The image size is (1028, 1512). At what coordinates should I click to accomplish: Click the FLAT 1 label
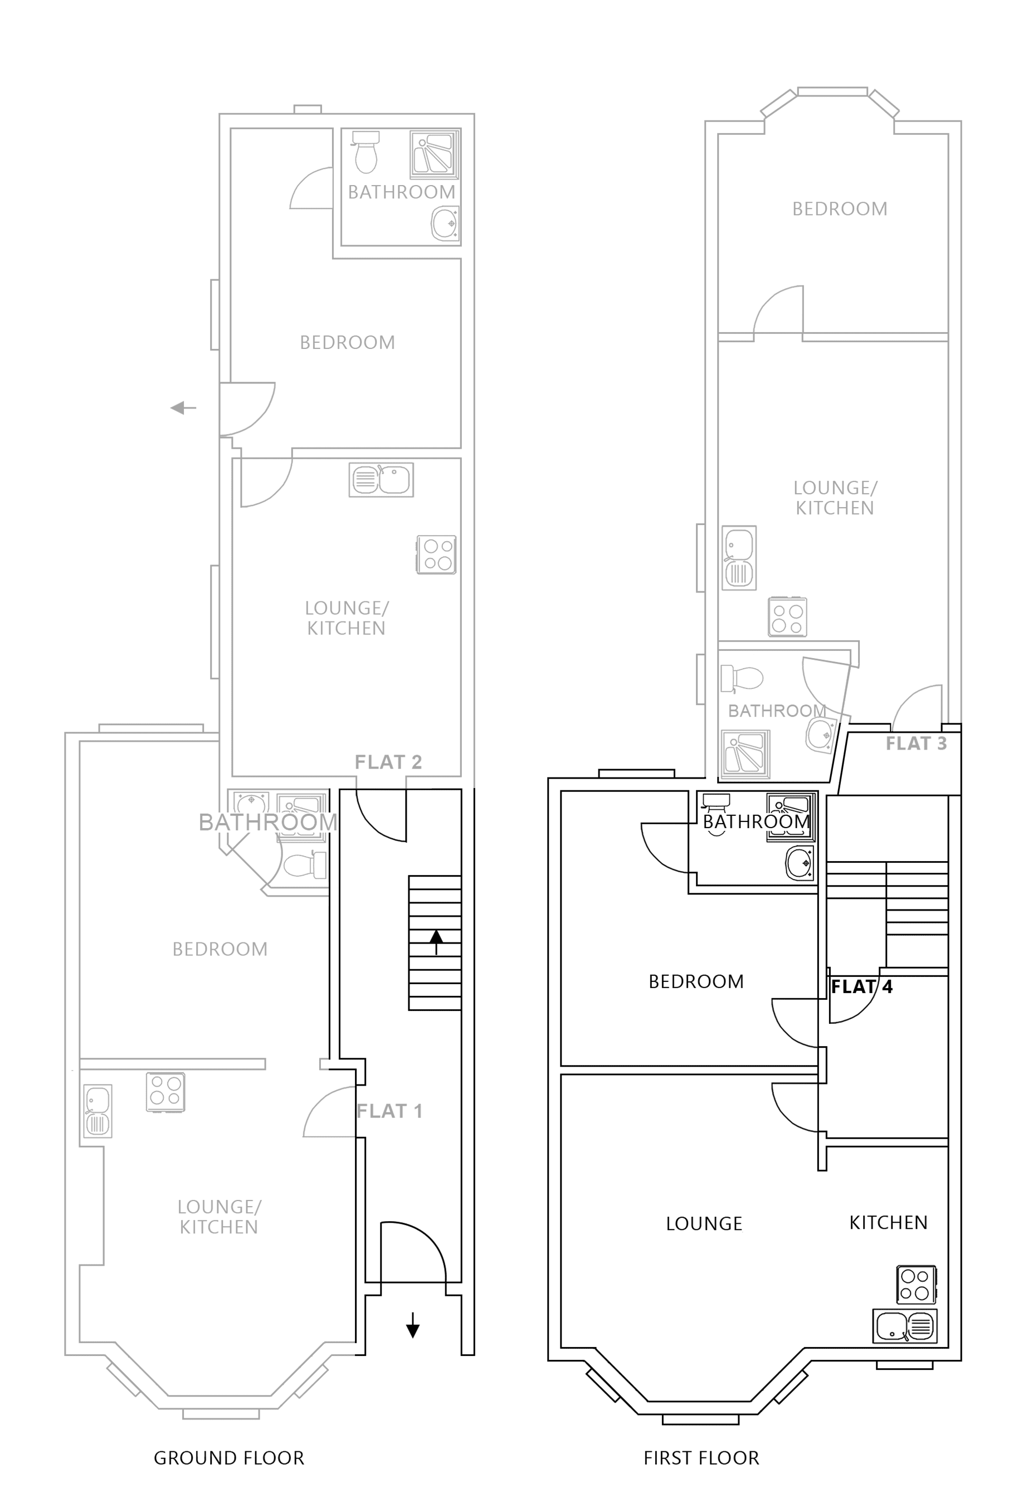coord(389,1111)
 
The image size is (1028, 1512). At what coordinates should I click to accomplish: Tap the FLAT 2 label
coord(388,762)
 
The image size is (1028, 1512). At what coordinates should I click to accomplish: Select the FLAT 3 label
coord(915,743)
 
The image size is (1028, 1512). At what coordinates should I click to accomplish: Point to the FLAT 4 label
coord(861,987)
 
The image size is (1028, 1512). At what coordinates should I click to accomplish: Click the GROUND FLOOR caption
coord(228,1458)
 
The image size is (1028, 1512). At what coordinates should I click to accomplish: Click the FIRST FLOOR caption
coord(701,1458)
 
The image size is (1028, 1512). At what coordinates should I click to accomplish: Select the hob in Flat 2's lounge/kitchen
coord(436,555)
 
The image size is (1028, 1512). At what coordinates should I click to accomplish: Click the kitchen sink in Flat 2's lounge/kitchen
coord(381,480)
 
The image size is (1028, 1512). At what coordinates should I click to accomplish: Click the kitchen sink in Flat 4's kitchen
coord(904,1326)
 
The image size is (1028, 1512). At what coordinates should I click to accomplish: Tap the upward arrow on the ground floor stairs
coord(436,941)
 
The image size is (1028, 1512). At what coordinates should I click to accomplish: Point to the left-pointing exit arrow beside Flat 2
coord(183,408)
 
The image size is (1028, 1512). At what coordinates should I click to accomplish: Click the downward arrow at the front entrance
coord(412,1325)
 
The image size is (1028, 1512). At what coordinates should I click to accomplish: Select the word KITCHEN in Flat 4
coord(888,1223)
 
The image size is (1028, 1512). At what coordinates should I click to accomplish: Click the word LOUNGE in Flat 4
coord(703,1224)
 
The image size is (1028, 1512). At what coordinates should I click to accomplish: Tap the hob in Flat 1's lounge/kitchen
coord(166,1092)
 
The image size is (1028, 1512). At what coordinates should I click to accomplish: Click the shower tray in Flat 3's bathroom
coord(746,754)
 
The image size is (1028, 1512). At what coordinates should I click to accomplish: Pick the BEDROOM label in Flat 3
coord(839,209)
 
